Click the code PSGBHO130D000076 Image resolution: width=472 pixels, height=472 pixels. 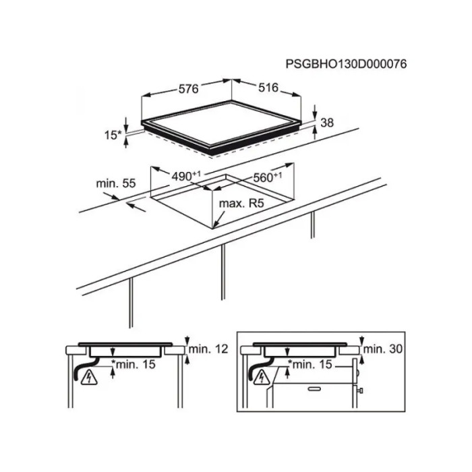pos(346,64)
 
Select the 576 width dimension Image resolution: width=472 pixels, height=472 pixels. pos(189,89)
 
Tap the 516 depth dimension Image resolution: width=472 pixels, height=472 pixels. pos(268,87)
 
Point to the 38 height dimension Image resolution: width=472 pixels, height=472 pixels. pos(327,123)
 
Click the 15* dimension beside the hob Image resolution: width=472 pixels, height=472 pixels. pos(113,135)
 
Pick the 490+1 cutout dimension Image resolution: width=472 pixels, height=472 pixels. pos(185,176)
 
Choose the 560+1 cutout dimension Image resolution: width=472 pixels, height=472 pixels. pos(268,177)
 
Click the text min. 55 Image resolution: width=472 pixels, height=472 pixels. pos(116,183)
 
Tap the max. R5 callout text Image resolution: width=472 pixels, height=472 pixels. pos(241,204)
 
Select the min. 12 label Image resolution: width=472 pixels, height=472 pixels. pos(208,349)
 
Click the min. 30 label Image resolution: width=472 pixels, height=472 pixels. pos(383,349)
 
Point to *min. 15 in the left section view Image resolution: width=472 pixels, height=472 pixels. pos(134,364)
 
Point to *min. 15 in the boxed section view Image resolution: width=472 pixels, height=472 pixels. pos(310,365)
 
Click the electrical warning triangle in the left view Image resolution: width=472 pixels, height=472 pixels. pos(89,378)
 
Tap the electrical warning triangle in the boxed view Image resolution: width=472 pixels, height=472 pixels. pos(262,378)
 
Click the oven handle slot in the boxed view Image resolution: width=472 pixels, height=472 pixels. pos(314,389)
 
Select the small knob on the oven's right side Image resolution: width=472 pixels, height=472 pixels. pos(359,390)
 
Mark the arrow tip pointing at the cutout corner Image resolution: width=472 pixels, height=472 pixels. pos(214,228)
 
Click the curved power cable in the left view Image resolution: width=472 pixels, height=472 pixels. pos(86,367)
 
